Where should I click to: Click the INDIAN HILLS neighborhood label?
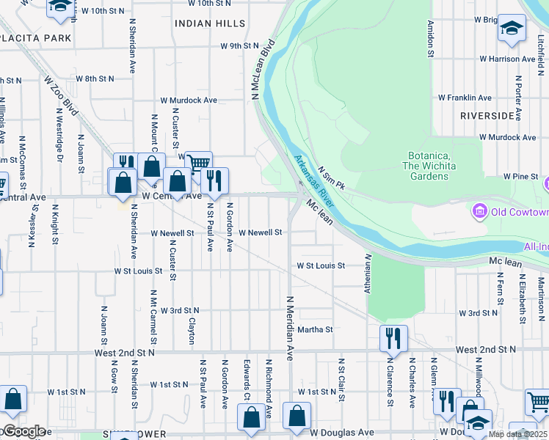(210, 23)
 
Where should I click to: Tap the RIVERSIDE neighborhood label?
(487, 116)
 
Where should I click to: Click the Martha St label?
(315, 330)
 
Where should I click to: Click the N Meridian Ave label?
(290, 328)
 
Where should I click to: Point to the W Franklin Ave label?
(465, 98)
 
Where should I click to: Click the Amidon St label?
(430, 38)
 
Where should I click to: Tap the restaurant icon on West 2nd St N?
(393, 338)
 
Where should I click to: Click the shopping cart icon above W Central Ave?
(198, 163)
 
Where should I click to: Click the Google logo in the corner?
(23, 431)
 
